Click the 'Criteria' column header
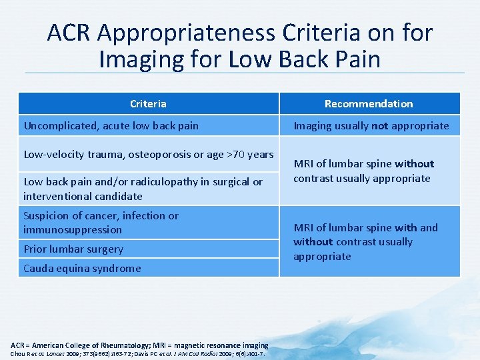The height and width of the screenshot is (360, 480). pos(148,103)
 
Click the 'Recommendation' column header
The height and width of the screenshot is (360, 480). pos(369,103)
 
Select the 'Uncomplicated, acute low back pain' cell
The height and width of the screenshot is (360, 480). pos(111,125)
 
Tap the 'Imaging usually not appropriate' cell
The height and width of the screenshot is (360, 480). pos(371,125)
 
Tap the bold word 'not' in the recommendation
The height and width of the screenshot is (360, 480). pos(380,125)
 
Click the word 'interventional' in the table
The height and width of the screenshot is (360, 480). pos(56,196)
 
